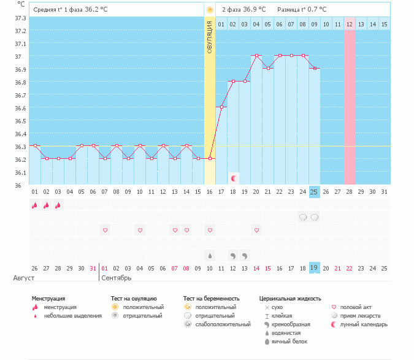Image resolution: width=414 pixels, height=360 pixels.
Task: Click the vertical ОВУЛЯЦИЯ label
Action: tap(210, 37)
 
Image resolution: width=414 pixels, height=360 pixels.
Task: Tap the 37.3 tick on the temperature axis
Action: tap(20, 18)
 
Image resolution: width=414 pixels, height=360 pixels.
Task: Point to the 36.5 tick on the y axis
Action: tap(20, 121)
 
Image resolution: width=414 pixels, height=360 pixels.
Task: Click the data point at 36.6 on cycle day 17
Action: tap(221, 107)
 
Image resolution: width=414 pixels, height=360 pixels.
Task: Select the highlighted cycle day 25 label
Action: tap(314, 192)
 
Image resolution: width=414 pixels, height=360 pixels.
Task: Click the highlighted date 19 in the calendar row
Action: tap(314, 268)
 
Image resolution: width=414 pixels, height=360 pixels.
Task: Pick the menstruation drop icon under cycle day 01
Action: tap(34, 205)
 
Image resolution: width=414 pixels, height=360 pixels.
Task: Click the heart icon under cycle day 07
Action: tap(105, 230)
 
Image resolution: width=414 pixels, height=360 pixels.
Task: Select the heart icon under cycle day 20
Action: tap(256, 230)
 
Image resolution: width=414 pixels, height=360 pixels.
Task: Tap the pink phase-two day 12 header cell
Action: tap(349, 24)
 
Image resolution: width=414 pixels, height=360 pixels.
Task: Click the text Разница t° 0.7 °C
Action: tap(302, 10)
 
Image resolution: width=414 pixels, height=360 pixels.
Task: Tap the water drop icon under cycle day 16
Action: tap(210, 255)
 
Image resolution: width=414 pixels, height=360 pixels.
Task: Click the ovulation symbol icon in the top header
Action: tap(210, 10)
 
